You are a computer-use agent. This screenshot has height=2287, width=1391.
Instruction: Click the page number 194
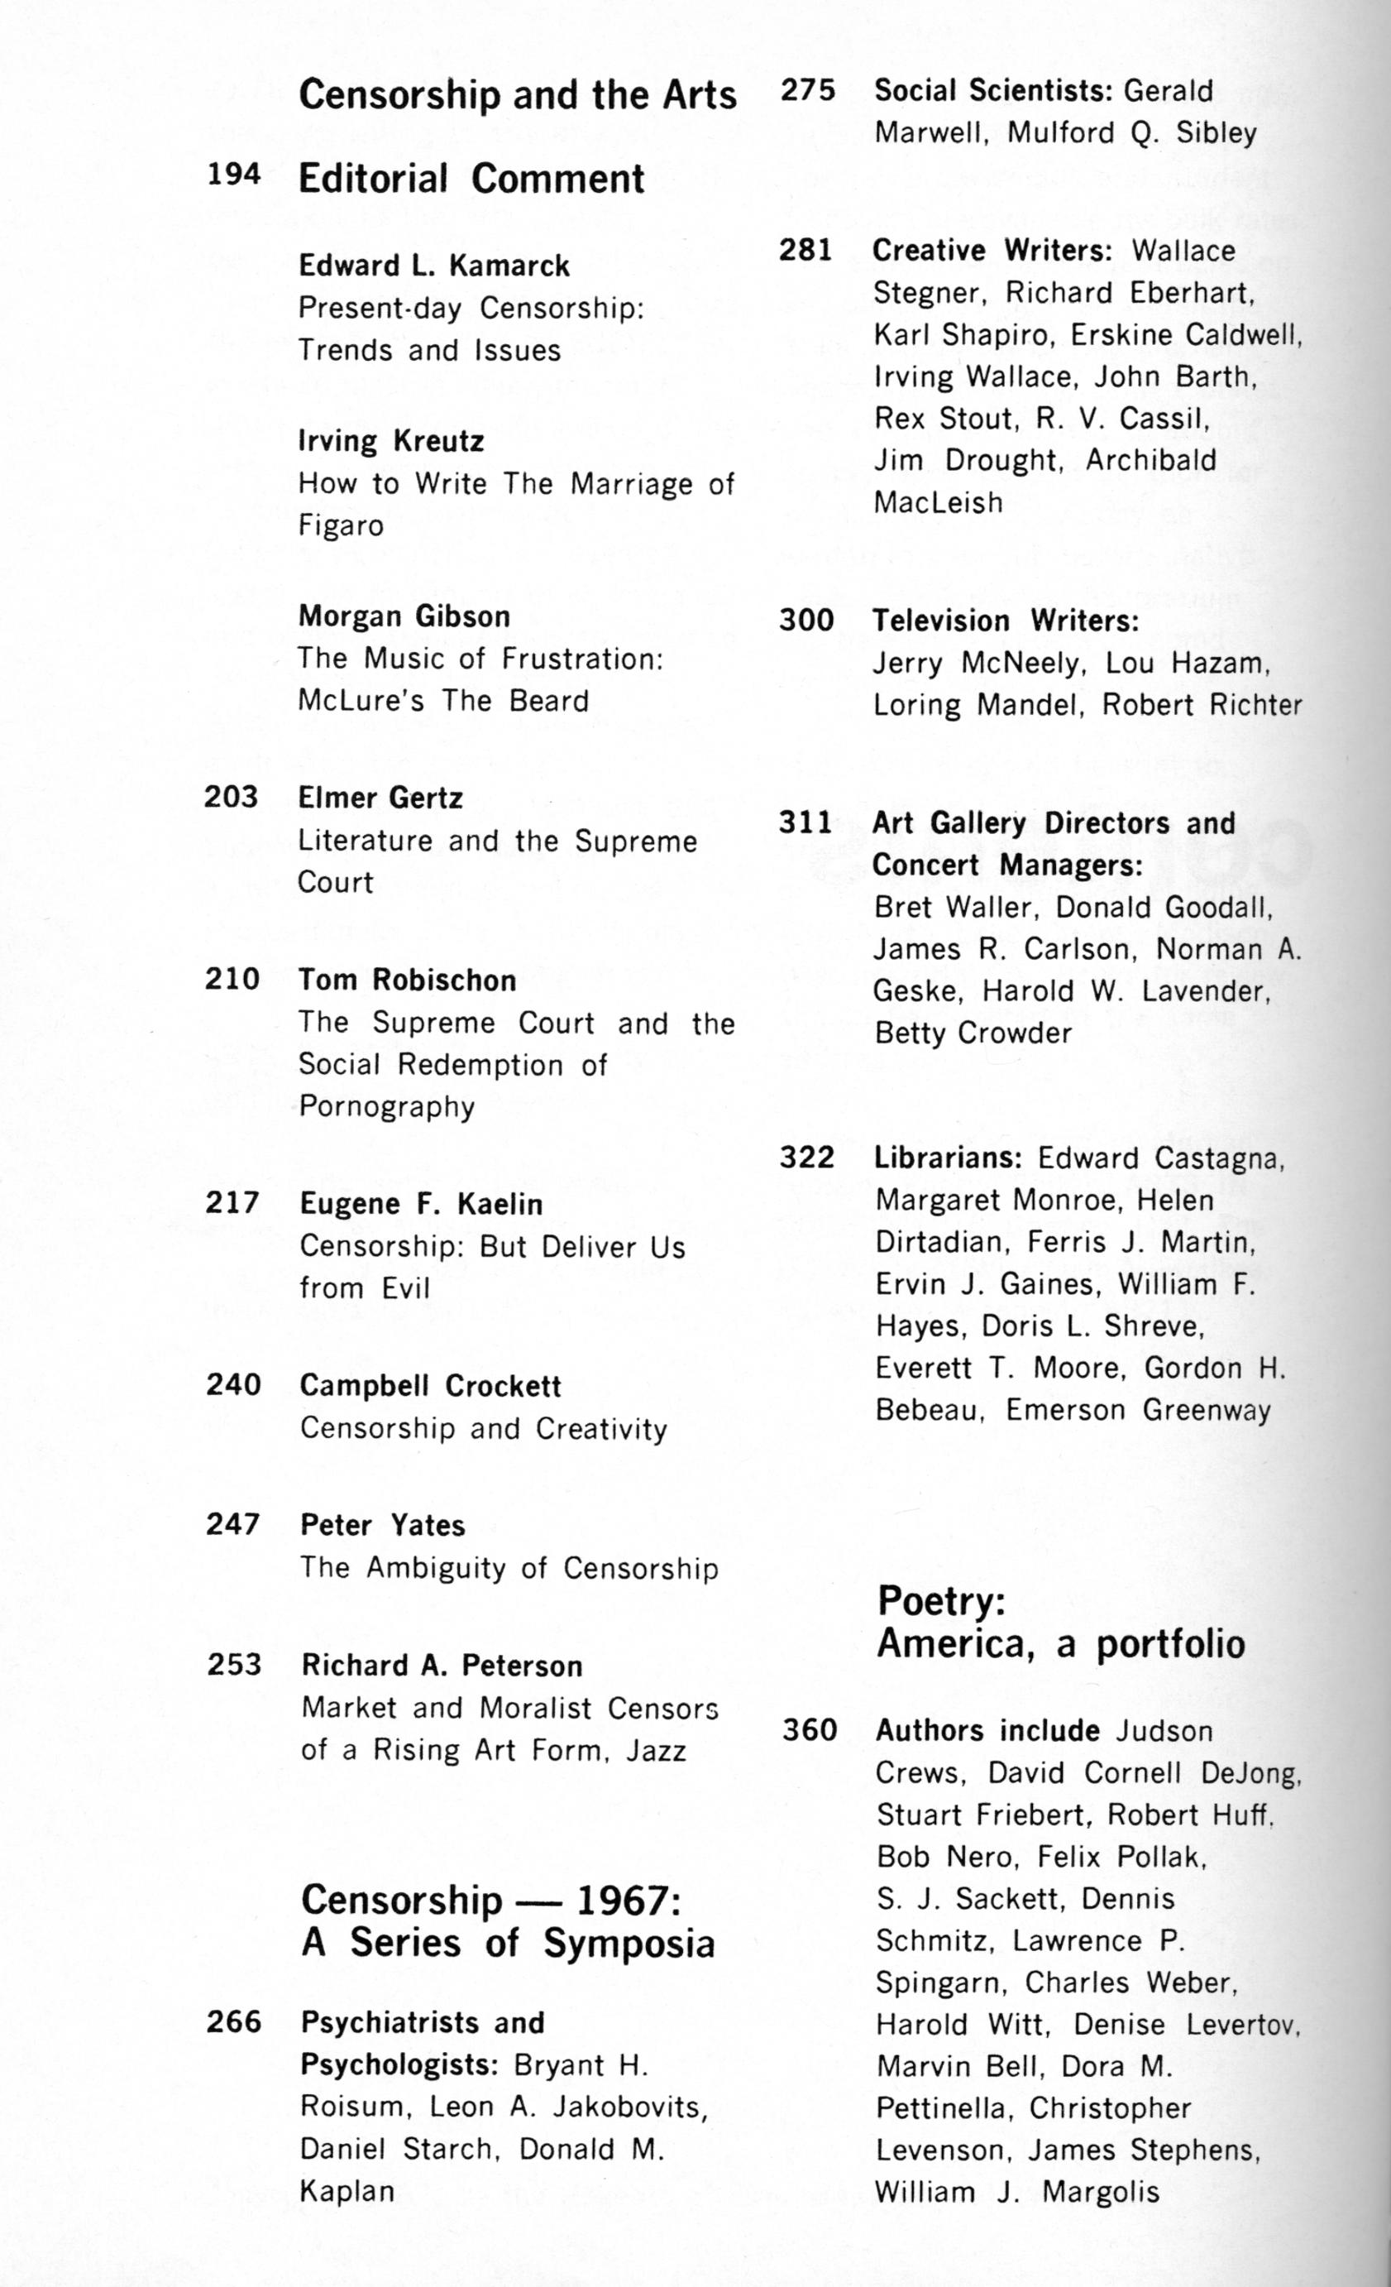point(233,175)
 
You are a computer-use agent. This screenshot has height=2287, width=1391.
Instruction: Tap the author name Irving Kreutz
point(390,441)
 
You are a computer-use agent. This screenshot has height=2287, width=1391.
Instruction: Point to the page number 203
point(231,798)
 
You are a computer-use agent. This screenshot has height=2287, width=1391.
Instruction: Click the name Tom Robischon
point(406,980)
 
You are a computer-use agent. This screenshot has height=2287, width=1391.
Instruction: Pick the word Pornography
point(386,1107)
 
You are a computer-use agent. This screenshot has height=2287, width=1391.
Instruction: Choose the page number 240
point(233,1385)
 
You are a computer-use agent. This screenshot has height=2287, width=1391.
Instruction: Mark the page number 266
point(234,2021)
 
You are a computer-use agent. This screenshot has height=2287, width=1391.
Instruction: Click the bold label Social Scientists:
point(993,91)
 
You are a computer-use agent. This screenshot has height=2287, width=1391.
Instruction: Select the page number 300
point(806,620)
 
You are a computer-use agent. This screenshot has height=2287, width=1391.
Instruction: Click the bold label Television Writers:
point(1005,621)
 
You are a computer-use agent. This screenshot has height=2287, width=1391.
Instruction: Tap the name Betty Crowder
point(973,1033)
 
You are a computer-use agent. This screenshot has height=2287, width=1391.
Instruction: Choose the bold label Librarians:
point(948,1158)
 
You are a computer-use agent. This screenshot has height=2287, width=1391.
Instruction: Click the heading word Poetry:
point(941,1600)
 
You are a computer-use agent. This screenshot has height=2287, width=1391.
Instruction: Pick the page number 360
point(809,1730)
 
